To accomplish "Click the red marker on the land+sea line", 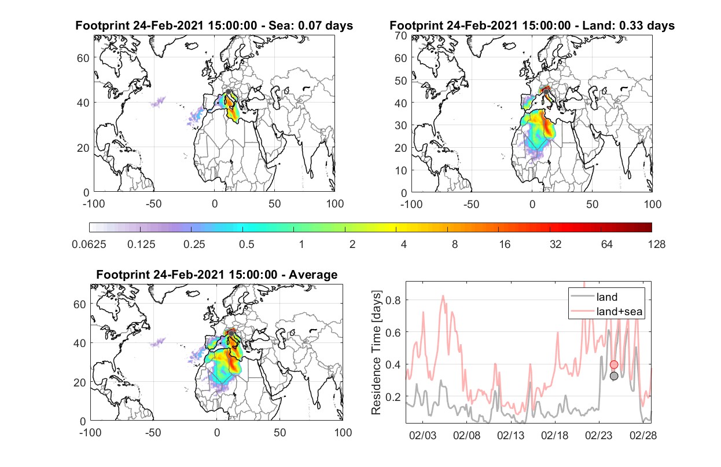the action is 614,364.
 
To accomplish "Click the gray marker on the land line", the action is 614,376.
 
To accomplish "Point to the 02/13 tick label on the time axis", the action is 510,435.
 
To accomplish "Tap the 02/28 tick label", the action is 643,435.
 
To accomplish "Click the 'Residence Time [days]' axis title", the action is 376,353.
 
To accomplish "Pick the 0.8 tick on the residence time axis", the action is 393,300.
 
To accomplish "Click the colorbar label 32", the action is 556,245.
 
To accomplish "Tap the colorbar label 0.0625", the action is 89,245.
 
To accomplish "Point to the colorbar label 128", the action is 656,245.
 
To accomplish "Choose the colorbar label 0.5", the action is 247,245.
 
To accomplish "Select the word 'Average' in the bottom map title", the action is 313,275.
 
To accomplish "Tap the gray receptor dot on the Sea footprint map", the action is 228,92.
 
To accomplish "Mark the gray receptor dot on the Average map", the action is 231,333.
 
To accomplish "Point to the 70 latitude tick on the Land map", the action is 401,35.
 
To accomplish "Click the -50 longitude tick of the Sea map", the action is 153,204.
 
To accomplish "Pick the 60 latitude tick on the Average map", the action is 79,304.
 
